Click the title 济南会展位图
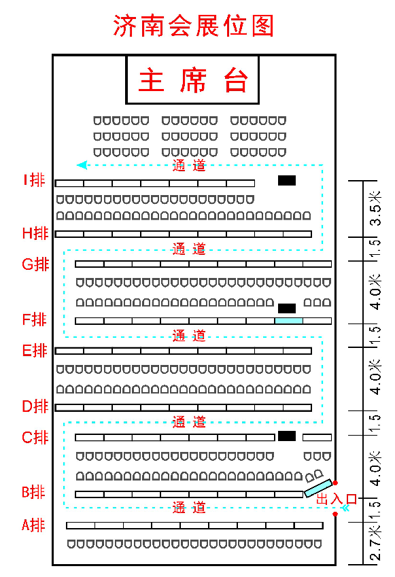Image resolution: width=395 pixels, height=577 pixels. [193, 25]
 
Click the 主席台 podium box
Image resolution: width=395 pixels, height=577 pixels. [192, 80]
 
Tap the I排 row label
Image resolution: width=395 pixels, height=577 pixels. [34, 180]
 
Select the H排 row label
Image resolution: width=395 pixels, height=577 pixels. [35, 233]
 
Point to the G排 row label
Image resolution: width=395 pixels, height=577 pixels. [35, 264]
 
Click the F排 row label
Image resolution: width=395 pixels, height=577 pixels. [34, 319]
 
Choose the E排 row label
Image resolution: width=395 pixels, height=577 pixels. [35, 350]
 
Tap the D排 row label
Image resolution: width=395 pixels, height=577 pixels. [35, 406]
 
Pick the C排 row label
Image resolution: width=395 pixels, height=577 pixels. [35, 438]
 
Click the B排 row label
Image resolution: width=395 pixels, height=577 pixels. [33, 491]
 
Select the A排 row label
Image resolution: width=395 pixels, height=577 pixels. [33, 525]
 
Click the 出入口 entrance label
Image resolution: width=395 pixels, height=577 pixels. [337, 499]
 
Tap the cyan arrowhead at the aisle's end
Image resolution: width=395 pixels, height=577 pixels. [82, 165]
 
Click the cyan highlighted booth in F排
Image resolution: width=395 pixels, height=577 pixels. [289, 321]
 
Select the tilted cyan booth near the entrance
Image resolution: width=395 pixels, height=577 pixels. [318, 489]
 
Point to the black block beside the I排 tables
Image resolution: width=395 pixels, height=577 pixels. [287, 180]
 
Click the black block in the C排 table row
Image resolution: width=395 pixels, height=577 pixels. [287, 436]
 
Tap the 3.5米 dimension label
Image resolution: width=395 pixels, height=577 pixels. [375, 208]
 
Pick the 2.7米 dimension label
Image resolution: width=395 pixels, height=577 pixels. [375, 543]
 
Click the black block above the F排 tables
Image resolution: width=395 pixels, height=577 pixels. [287, 309]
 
